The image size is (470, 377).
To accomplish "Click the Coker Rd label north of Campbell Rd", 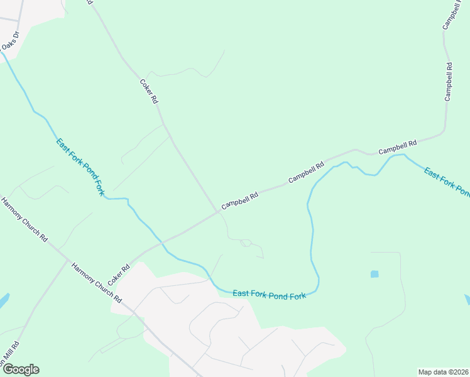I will [149, 91].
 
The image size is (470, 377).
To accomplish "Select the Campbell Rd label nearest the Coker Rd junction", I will [239, 200].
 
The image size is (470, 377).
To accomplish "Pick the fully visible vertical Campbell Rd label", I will [449, 82].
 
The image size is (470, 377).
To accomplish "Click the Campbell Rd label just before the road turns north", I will [398, 148].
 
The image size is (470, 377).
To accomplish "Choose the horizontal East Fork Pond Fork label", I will [269, 293].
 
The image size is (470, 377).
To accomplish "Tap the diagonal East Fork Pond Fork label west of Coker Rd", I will [80, 167].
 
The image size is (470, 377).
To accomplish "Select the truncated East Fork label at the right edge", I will [447, 181].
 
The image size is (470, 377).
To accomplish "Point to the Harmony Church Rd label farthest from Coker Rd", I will [25, 221].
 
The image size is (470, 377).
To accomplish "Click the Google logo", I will [21, 369].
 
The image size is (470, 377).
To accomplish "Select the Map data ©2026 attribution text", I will [443, 371].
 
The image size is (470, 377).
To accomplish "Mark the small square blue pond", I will [375, 274].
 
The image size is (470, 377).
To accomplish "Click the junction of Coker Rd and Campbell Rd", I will [218, 212].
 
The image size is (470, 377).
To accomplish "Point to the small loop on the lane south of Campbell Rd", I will [246, 243].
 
